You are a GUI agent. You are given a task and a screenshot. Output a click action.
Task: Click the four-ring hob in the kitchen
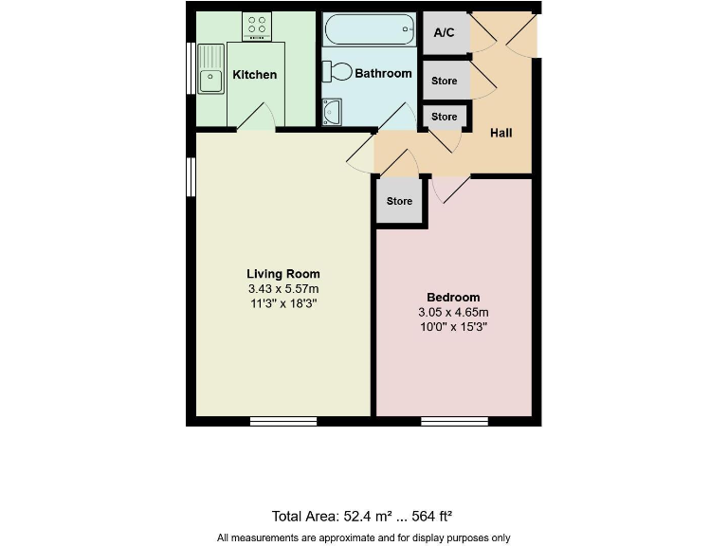point(256,27)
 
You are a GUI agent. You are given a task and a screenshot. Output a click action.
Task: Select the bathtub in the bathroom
point(370,30)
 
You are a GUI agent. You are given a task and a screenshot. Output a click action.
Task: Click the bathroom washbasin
point(331,112)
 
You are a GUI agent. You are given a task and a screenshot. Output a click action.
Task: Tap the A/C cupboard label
point(445,33)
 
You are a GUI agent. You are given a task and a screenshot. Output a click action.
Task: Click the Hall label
point(500,133)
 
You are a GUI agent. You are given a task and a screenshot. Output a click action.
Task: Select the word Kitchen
point(254,75)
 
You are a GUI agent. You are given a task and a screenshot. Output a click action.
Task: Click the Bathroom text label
point(383,73)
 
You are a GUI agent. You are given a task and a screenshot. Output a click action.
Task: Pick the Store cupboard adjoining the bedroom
point(400,201)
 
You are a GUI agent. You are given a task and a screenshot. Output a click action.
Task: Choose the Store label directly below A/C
point(445,82)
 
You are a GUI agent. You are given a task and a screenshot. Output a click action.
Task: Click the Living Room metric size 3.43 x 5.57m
point(283,289)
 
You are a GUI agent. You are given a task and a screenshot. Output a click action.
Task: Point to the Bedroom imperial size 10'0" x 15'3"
point(453,327)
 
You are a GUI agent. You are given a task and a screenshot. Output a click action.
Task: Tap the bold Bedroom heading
point(453,297)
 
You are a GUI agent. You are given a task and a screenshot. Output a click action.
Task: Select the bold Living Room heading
point(283,274)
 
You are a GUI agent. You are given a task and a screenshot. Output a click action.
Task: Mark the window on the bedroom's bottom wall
point(455,420)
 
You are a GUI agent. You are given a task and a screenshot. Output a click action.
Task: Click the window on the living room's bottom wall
point(283,420)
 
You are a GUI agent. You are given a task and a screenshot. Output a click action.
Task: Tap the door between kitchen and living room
point(256,119)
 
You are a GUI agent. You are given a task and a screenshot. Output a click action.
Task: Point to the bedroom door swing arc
point(449,190)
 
